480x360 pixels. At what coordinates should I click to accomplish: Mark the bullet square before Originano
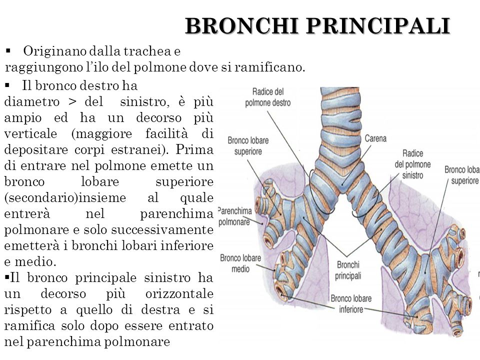(x=8, y=50)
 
